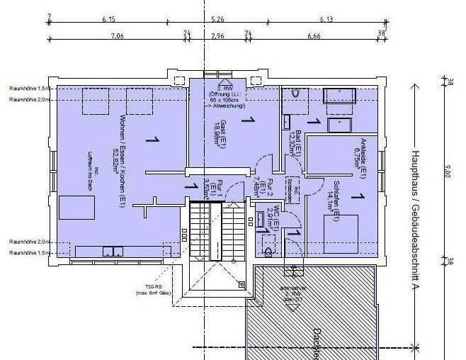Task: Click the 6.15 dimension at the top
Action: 108,19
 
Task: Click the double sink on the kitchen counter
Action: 110,250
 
